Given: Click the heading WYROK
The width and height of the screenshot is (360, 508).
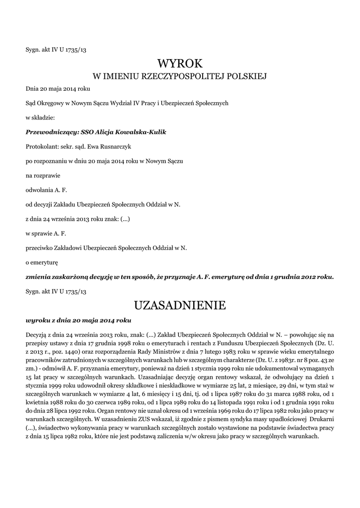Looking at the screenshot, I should (180, 63).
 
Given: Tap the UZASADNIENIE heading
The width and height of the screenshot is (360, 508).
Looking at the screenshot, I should (180, 305).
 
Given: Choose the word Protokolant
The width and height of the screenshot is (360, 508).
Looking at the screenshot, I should (41, 147).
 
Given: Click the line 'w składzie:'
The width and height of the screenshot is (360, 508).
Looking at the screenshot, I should (40, 118).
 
